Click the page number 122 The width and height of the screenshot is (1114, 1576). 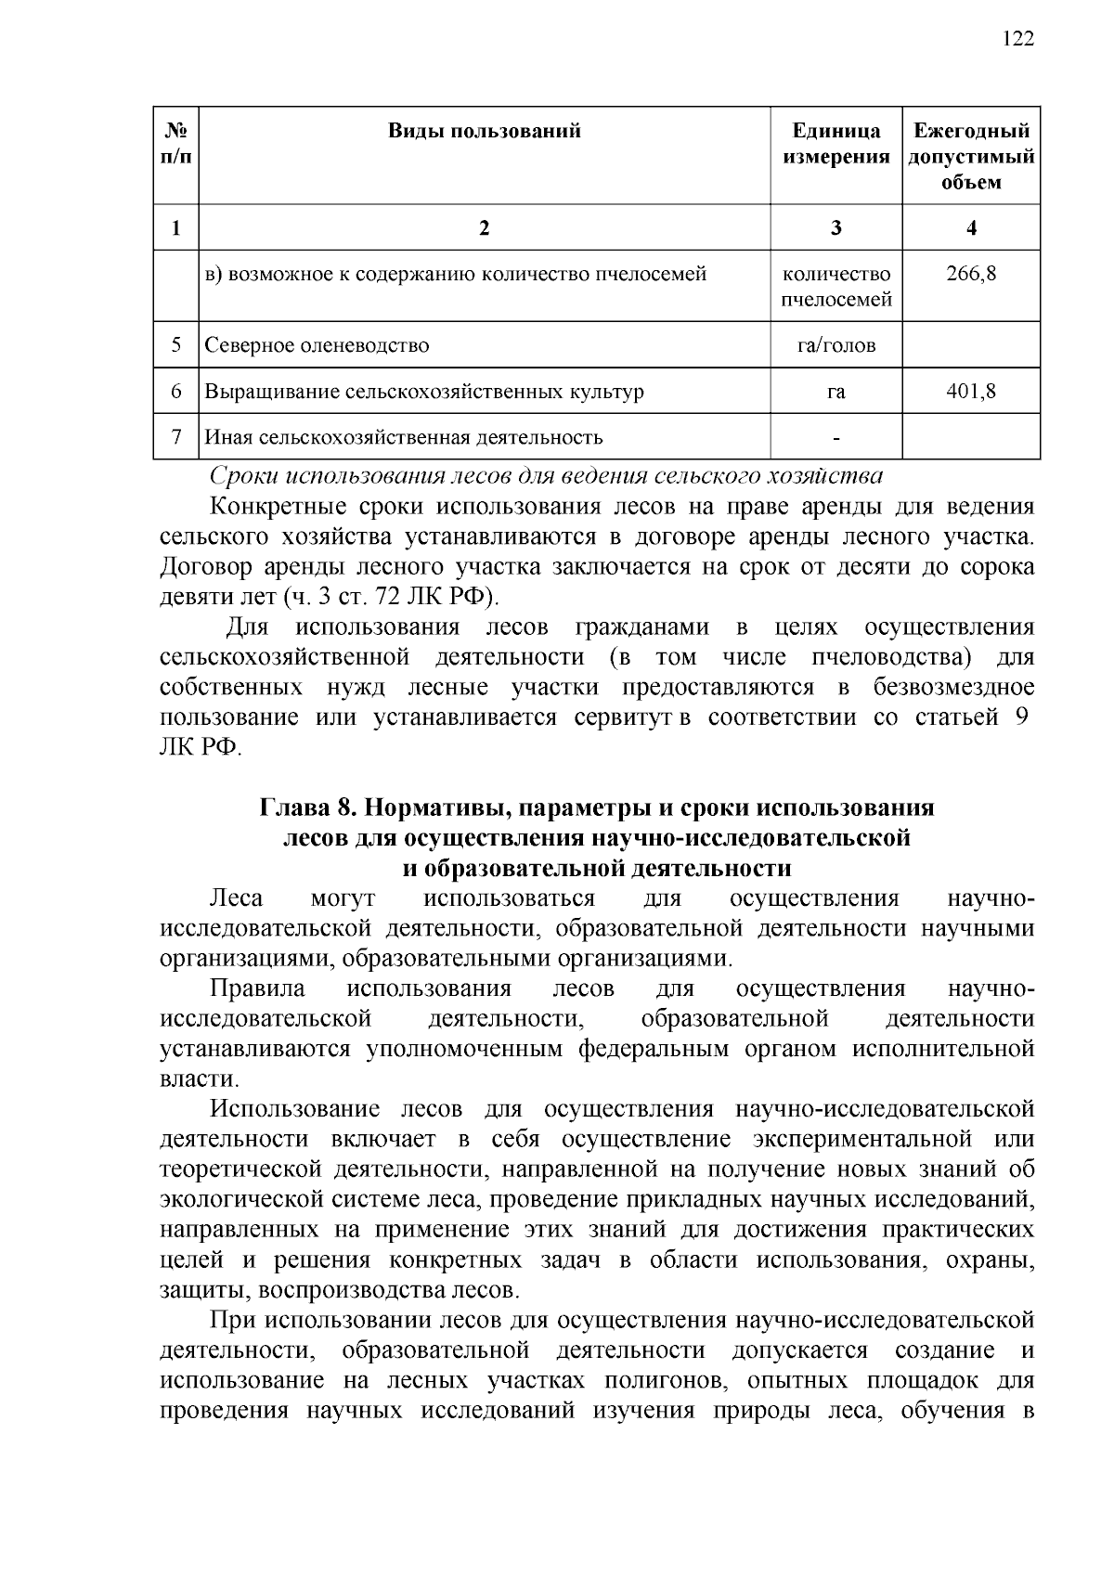coord(1018,39)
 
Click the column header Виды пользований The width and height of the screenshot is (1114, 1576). coord(485,131)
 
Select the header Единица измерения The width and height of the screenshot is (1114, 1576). coord(835,144)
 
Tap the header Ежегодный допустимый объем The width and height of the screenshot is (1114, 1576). coord(971,156)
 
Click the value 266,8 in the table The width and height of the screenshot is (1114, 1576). coord(971,275)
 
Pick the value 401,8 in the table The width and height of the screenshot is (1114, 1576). coord(971,392)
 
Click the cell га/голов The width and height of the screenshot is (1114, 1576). coord(835,346)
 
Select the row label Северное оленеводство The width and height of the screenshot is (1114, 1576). coord(317,346)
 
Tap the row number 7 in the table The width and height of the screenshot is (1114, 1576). coord(176,437)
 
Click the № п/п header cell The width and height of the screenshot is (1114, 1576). coord(176,144)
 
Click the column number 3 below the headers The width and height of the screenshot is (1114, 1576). coord(835,228)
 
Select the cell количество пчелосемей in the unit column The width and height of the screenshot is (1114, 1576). coord(835,287)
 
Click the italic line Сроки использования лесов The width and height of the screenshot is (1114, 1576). coord(546,477)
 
